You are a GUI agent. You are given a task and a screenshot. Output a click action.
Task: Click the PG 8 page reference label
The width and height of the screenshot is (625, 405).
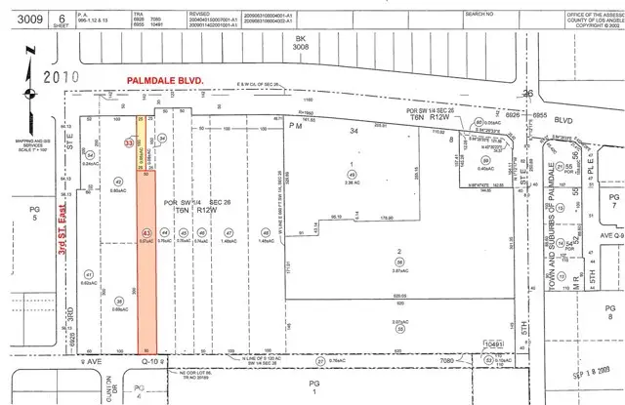coord(611,310)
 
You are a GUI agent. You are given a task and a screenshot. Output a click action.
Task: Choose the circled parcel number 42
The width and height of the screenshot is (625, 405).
coord(118,182)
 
